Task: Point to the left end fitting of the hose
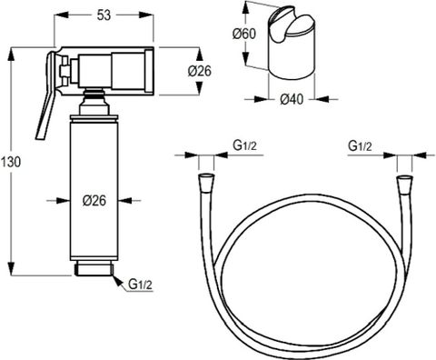(x=206, y=178)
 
